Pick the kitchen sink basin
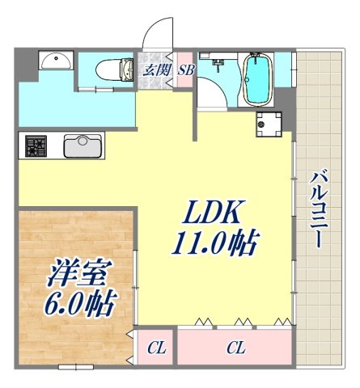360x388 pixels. tap(81, 146)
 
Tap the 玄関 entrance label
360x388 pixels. tap(157, 70)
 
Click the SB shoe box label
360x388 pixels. tap(185, 70)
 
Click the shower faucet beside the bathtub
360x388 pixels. tap(218, 61)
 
